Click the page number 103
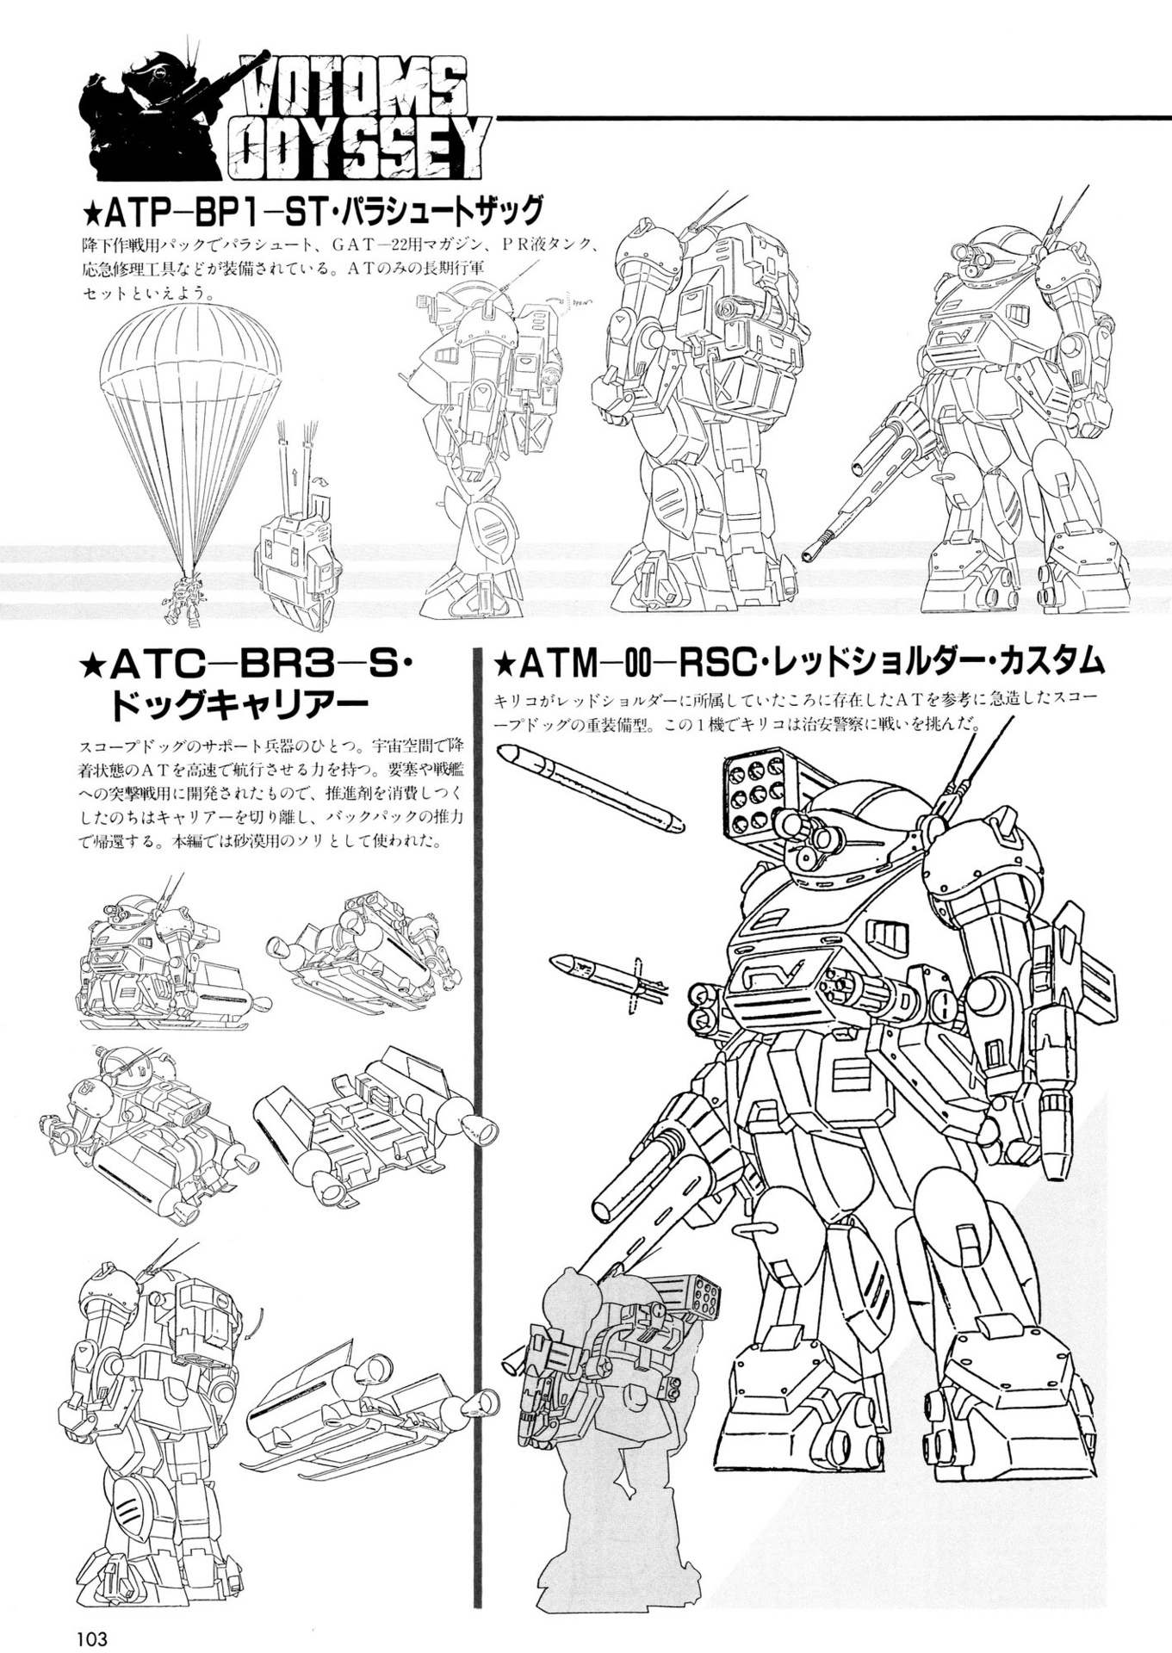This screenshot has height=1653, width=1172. tap(91, 1636)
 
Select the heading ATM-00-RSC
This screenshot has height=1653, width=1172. tap(620, 663)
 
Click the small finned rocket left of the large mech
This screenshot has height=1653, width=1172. tap(603, 974)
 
